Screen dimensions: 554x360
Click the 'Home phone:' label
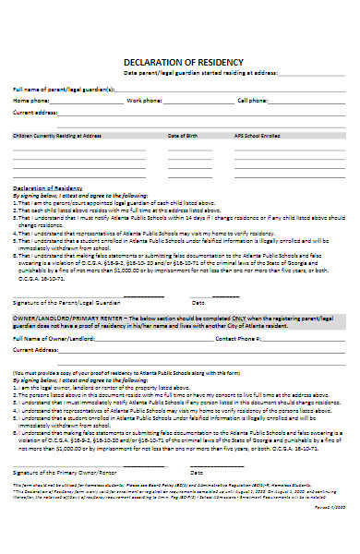pos(31,100)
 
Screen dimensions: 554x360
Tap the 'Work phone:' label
pos(145,100)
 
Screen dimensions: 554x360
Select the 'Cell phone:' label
pos(253,100)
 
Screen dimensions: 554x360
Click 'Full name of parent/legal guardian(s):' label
pos(64,89)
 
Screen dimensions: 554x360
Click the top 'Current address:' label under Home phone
pos(35,112)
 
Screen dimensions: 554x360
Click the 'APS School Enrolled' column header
pos(258,135)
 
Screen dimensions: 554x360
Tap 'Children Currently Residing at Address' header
pos(54,135)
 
